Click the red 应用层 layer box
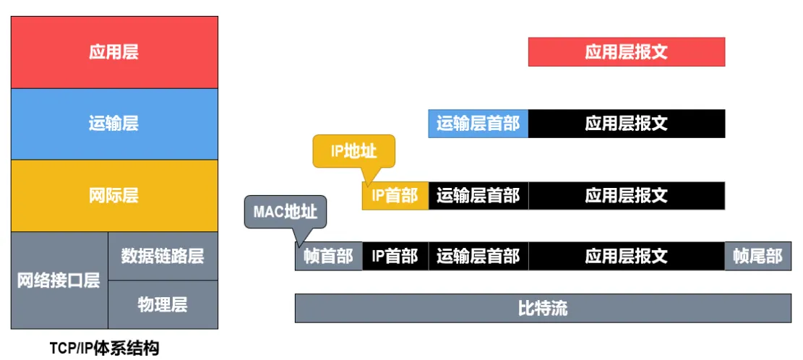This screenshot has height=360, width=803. coord(114,52)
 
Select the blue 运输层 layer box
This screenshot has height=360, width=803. coord(114,124)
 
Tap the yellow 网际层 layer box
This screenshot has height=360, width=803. coord(114,195)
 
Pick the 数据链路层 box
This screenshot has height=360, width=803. coord(163,256)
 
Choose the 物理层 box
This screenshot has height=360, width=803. coord(163,304)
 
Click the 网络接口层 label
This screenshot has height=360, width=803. coord(59,281)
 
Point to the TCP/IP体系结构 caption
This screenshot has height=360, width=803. coord(104,348)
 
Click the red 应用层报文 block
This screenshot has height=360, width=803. coord(626,52)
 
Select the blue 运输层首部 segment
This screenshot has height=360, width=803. coord(478,124)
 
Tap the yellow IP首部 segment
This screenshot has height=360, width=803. coord(395,196)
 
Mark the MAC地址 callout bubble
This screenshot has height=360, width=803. coord(285,212)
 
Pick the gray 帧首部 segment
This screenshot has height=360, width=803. coord(328,256)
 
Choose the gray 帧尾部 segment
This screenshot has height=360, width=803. coord(757,256)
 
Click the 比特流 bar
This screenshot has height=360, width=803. coord(543,309)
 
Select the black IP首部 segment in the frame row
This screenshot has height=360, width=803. coord(395,256)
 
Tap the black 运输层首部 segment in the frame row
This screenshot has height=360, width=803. coord(478,256)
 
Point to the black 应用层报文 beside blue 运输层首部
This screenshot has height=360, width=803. coord(626,124)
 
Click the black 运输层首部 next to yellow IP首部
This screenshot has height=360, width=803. coord(478,196)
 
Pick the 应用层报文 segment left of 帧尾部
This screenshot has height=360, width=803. coord(626,256)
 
